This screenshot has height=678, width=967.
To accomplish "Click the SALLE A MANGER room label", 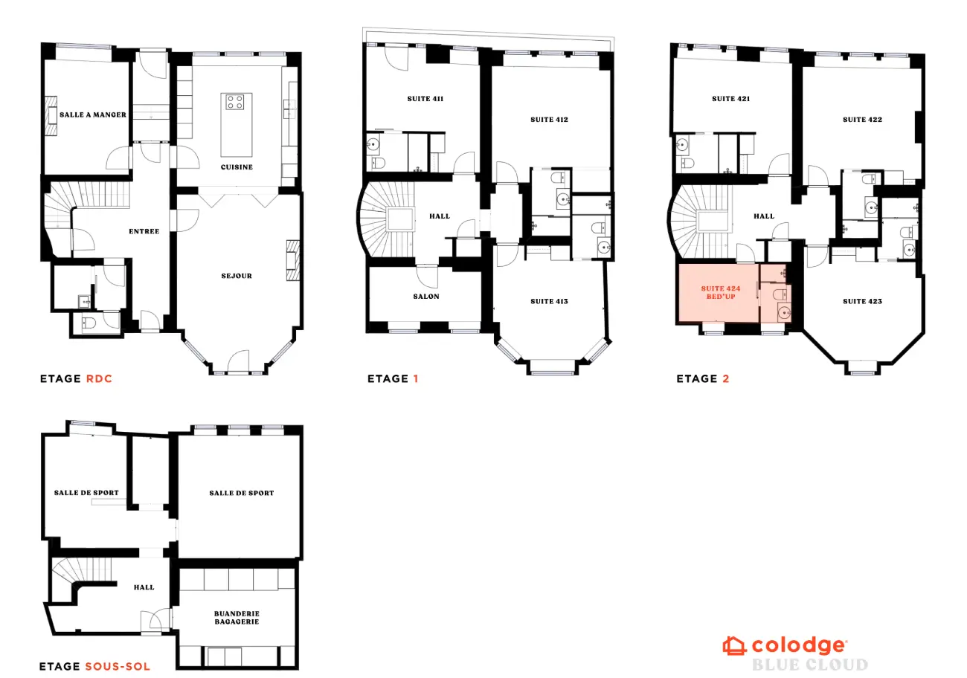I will tap(92, 114).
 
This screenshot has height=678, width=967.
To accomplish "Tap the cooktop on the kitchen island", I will tap(236, 102).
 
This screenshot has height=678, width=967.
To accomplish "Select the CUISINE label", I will tap(236, 167).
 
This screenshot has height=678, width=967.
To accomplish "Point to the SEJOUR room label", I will tap(237, 276).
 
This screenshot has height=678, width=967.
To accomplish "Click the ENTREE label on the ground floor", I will tap(144, 231).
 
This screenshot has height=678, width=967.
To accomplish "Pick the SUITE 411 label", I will tap(425, 99).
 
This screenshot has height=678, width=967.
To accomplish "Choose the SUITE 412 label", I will tap(549, 119).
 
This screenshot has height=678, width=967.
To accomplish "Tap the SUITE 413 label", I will tap(549, 301).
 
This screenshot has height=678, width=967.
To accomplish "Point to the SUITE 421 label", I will tap(730, 99).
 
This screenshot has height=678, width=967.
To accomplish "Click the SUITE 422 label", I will tap(861, 119).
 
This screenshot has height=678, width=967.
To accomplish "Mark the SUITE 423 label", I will tap(861, 301).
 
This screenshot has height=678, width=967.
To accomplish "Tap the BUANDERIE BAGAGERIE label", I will tap(237, 618).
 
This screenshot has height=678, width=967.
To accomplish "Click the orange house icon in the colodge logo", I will tap(734, 645).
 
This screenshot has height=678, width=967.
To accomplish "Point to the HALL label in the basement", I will tap(144, 587).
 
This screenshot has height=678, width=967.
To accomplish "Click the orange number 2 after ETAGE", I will tap(725, 379).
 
